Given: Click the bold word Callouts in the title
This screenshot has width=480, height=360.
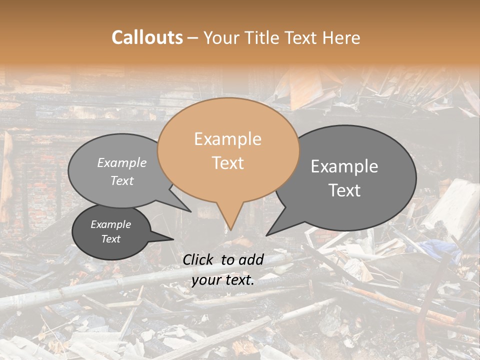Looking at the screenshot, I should point(147,37).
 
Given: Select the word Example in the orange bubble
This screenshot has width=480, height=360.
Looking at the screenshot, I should point(227,139).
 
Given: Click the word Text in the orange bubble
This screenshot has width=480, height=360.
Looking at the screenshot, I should point(227,163).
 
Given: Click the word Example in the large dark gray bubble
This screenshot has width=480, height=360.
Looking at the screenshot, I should point(344,166).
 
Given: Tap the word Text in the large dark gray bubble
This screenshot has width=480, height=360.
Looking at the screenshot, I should point(344,190).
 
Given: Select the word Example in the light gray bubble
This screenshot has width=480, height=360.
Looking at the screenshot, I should point(122,163).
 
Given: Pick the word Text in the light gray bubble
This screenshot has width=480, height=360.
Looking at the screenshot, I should point(122,181).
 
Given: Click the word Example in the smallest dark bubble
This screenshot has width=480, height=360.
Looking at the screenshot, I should point(111,224).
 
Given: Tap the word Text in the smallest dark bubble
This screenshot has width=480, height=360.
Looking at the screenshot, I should point(111,239).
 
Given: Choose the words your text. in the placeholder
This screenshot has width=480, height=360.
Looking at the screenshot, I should point(223,280).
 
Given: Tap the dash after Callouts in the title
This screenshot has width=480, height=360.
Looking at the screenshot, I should point(192,37).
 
